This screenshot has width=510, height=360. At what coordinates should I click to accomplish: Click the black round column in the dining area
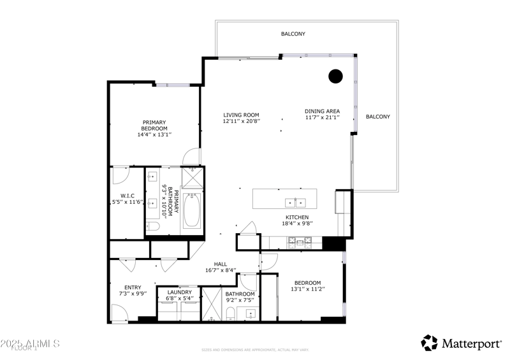pos(335,76)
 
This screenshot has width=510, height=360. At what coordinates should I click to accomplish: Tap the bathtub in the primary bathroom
pos(191,211)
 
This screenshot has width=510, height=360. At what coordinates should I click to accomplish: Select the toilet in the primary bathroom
pos(153,226)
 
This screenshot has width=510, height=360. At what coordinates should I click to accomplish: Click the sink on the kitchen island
pos(295,203)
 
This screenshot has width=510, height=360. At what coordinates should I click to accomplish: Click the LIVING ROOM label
pos(241,115)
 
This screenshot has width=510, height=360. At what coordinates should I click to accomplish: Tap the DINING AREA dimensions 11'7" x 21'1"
pos(322,118)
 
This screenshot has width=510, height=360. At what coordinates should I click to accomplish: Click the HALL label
pos(221,264)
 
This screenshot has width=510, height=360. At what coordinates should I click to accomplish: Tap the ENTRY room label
pos(133,287)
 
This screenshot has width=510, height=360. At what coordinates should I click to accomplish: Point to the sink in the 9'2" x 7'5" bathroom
pos(251,313)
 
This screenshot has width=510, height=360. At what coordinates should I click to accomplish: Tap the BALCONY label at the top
pos(293,34)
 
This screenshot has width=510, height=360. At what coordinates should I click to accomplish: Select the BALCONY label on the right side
pos(377,117)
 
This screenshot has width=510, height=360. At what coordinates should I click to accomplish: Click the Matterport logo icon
pos(430,343)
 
